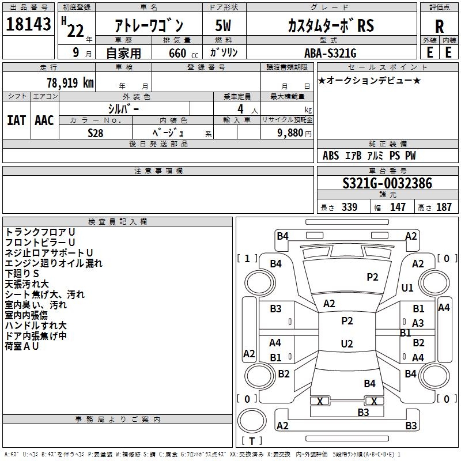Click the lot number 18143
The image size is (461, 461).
point(28,24)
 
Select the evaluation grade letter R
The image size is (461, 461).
point(439,27)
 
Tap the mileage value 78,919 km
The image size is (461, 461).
point(70,82)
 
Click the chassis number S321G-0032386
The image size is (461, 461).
point(387,183)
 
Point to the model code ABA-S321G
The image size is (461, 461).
point(330,53)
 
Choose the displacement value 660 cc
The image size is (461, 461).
point(183,54)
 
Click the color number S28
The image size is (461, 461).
point(96,133)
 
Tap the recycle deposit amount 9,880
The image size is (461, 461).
point(290,133)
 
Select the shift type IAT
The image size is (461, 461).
point(17,120)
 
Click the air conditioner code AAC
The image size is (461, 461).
point(44,120)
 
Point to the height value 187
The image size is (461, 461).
point(444,207)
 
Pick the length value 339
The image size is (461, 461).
point(350,207)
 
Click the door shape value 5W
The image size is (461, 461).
point(224,25)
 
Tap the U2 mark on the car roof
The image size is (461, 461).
point(347,343)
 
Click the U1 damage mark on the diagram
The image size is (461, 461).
point(407,288)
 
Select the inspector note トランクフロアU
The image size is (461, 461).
point(40,232)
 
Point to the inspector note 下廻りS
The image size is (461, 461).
point(22,273)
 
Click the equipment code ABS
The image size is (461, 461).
point(331,156)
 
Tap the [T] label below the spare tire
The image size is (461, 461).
point(252,441)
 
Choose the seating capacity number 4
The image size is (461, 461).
point(240,109)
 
